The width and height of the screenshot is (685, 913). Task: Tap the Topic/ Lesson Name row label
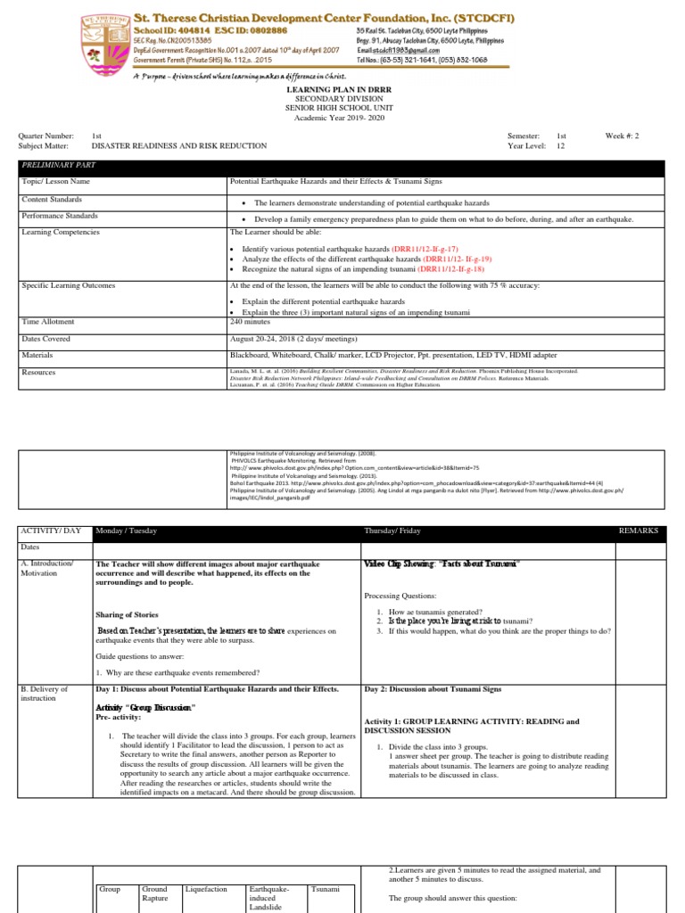[x=56, y=181]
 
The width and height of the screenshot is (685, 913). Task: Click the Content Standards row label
[x=53, y=200]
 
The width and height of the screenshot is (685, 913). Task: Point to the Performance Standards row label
[x=60, y=216]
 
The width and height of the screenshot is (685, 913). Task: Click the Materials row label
[x=38, y=354]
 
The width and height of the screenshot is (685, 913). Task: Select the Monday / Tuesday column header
[x=126, y=531]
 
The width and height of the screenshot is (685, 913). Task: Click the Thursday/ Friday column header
[x=395, y=531]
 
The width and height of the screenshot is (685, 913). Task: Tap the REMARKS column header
[x=639, y=531]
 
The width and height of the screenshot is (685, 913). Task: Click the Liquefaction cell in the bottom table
[x=206, y=889]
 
